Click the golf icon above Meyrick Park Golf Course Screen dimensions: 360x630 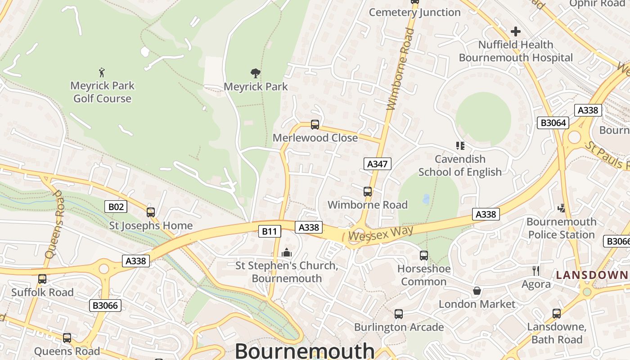click(102, 72)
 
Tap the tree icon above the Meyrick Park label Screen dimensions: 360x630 click(256, 73)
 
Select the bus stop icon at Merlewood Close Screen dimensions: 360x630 click(315, 125)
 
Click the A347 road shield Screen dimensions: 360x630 click(377, 164)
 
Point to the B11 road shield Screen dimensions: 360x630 click(270, 231)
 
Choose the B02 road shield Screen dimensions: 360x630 click(116, 207)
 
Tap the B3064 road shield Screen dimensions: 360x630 click(553, 122)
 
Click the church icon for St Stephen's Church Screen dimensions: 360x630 click(287, 253)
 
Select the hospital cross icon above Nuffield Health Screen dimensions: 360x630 click(516, 31)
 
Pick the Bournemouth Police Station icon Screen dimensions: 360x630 click(561, 208)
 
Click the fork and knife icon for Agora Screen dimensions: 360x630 click(535, 271)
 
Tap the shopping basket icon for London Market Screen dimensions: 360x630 click(477, 291)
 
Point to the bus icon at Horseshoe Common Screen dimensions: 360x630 click(423, 256)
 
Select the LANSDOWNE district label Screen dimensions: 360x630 click(592, 274)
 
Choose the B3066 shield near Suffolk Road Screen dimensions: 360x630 click(105, 306)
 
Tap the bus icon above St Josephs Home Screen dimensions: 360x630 click(151, 212)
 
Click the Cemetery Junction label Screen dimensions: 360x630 click(414, 12)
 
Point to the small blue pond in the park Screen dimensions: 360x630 click(426, 199)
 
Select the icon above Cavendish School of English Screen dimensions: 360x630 click(460, 145)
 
